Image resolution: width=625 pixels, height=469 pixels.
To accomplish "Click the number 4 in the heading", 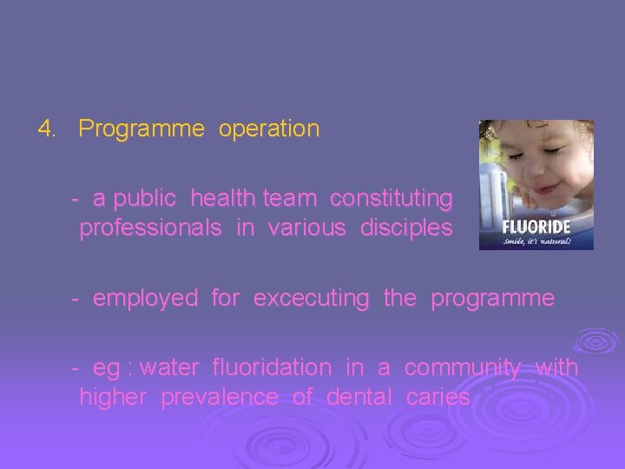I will pyautogui.click(x=45, y=129).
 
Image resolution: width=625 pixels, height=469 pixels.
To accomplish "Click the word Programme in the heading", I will pyautogui.click(x=141, y=129).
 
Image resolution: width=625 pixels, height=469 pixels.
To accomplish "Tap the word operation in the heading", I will pyautogui.click(x=269, y=129).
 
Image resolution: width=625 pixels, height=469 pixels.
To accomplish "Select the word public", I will pyautogui.click(x=145, y=200).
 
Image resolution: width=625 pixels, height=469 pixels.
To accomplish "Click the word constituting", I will pyautogui.click(x=391, y=200).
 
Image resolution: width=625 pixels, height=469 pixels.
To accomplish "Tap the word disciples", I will pyautogui.click(x=407, y=229).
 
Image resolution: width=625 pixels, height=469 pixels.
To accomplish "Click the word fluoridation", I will pyautogui.click(x=272, y=367).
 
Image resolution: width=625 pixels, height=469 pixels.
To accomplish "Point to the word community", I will pyautogui.click(x=463, y=368).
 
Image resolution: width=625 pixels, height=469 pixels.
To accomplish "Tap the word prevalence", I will pyautogui.click(x=220, y=398).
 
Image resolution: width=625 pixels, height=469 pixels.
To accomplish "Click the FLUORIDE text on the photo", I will pyautogui.click(x=537, y=227).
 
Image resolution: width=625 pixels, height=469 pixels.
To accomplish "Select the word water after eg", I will pyautogui.click(x=168, y=368).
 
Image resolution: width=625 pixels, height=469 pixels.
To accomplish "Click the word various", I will pyautogui.click(x=305, y=229).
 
